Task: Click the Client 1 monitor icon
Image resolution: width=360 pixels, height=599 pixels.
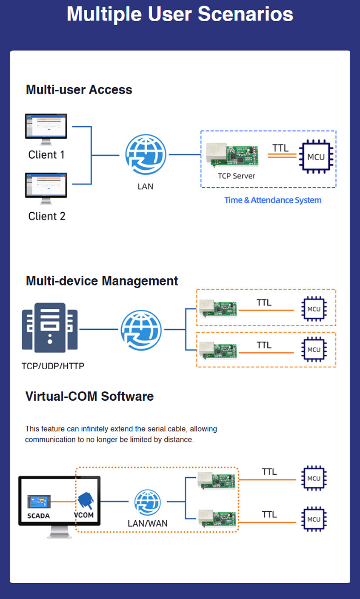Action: point(46,127)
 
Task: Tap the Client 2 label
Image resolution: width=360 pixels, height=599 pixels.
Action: point(47,216)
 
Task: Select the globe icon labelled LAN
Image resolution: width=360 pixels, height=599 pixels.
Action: point(146,155)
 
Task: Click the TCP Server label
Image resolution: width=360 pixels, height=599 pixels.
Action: point(237,176)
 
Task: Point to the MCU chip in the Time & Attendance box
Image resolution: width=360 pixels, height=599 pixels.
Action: point(316,157)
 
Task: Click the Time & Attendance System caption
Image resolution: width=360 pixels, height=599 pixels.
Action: point(273,200)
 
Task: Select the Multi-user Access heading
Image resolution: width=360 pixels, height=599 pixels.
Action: point(79,90)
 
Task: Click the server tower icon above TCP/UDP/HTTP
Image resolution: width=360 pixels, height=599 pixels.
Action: point(50,328)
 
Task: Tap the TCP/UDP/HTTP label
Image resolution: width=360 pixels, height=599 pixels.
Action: point(53,365)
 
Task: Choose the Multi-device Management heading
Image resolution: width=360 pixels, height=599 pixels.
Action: point(102,281)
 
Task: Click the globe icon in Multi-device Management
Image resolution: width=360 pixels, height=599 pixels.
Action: point(141,329)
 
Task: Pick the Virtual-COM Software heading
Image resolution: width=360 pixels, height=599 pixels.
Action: point(89,396)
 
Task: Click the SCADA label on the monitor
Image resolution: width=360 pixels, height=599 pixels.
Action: point(38,516)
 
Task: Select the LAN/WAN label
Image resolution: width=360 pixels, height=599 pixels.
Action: point(148,523)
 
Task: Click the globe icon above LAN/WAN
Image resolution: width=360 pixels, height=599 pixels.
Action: point(147,502)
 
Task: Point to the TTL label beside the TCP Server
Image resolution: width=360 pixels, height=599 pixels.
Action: point(280,148)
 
